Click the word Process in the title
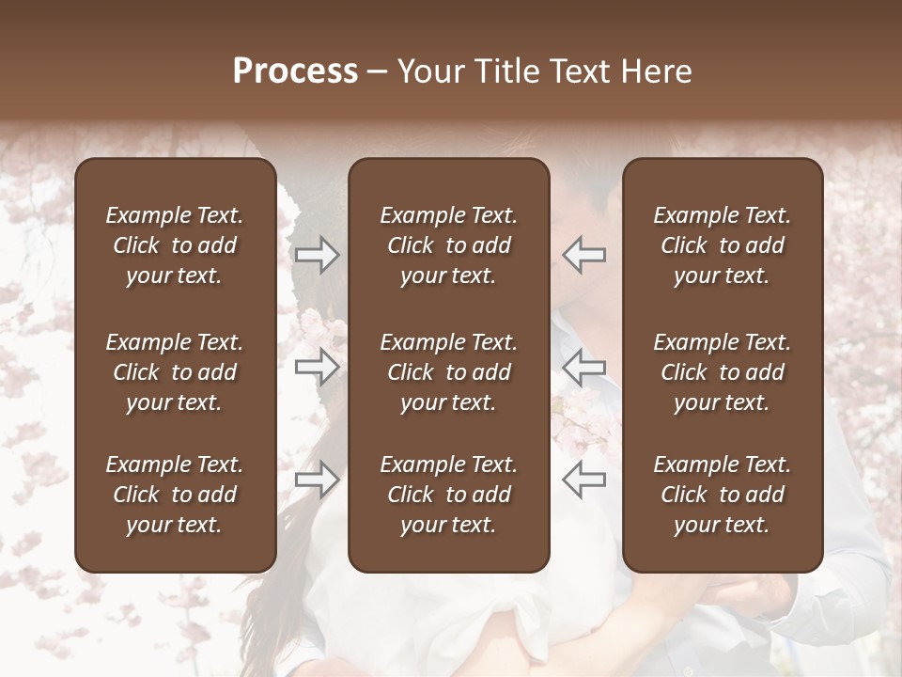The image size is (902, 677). coord(295,71)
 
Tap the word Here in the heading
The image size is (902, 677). coord(656,71)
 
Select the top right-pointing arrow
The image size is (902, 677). coord(317,254)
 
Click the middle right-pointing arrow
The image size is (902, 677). coord(317,366)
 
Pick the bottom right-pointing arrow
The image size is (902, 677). coord(317,479)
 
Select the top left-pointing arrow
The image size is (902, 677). coord(583,254)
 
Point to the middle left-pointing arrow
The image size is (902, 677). coord(583,366)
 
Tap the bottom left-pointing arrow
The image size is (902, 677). coord(583,479)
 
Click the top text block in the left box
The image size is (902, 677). coord(175,245)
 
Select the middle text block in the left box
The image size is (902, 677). coord(175,372)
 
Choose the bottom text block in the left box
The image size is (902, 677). coord(175,495)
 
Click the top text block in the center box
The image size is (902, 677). coord(448,245)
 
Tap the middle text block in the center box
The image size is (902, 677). coord(448,372)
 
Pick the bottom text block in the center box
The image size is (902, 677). coord(448,495)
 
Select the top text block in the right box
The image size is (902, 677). coord(723,245)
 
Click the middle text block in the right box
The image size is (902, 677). coord(723,372)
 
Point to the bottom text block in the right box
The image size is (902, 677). coord(723,495)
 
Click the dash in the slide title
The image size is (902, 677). coord(378,72)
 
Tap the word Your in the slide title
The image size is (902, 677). coord(430,71)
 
